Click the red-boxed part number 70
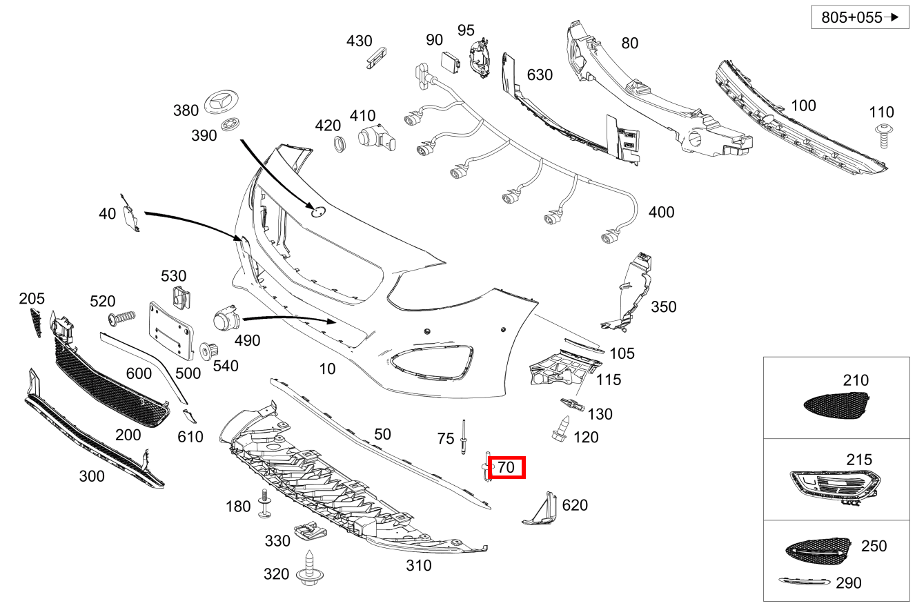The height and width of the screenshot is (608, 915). tap(506, 467)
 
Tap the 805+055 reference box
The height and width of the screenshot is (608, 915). tap(859, 18)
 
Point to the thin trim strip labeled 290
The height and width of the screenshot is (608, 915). tap(804, 582)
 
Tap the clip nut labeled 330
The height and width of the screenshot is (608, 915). tap(309, 532)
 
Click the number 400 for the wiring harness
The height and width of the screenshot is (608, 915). tap(661, 212)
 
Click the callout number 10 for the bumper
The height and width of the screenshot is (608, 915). tap(327, 369)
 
